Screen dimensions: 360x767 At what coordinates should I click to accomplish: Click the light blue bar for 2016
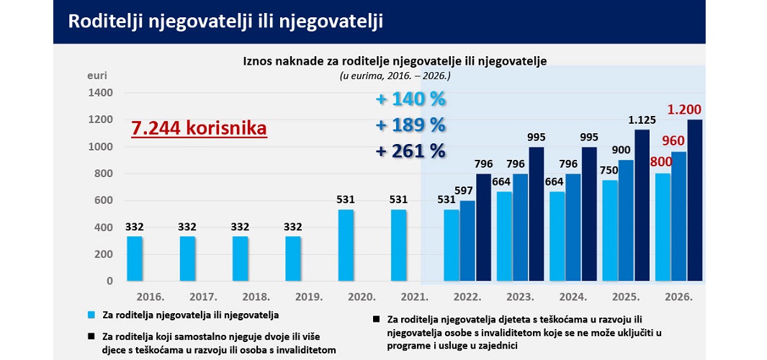coord(135,258)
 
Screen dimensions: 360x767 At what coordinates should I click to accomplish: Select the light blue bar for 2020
coord(346,245)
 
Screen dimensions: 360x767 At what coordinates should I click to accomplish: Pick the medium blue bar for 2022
coord(467,240)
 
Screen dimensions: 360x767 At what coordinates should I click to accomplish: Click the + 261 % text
coord(411,151)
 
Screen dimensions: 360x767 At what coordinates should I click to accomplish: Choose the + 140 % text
coord(411,99)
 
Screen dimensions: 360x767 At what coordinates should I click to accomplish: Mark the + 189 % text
coord(411,125)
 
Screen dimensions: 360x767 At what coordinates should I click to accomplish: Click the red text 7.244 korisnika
coord(199,128)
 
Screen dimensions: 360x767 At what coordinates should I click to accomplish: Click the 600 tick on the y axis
coord(104,201)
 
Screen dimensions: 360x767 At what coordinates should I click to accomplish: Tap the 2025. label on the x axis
coord(625,297)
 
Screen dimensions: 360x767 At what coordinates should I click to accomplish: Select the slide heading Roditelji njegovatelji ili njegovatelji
coord(225,22)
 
